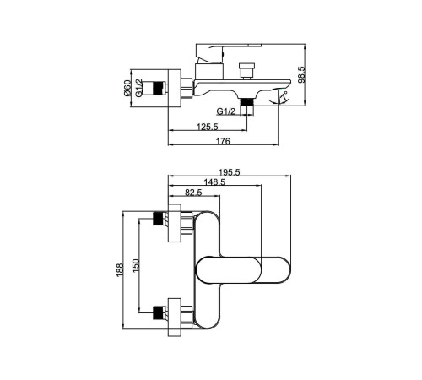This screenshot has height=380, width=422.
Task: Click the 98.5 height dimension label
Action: click(x=301, y=74)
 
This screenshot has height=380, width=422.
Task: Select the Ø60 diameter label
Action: click(x=127, y=88)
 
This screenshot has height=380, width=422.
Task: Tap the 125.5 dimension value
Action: click(x=208, y=127)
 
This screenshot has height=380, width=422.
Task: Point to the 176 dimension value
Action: click(x=223, y=141)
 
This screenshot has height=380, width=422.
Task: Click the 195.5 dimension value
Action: click(x=230, y=172)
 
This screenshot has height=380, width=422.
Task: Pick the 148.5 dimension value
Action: click(x=214, y=182)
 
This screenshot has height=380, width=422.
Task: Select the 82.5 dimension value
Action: click(x=193, y=193)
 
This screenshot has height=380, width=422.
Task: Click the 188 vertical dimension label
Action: click(x=120, y=270)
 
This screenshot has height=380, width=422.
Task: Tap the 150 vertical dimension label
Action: click(x=136, y=266)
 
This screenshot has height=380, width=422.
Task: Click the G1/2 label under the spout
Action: click(x=226, y=111)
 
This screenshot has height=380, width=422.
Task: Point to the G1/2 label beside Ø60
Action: click(x=139, y=88)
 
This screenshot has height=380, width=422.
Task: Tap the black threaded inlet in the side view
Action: click(x=158, y=88)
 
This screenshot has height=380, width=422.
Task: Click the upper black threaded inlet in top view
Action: click(x=158, y=219)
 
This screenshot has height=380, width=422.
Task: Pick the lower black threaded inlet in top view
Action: click(x=158, y=312)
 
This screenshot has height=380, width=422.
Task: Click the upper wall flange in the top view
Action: click(x=175, y=223)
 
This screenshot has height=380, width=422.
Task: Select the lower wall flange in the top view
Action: click(x=175, y=317)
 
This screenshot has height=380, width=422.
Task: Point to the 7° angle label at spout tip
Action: click(x=284, y=96)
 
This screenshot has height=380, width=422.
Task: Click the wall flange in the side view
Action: click(x=175, y=88)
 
